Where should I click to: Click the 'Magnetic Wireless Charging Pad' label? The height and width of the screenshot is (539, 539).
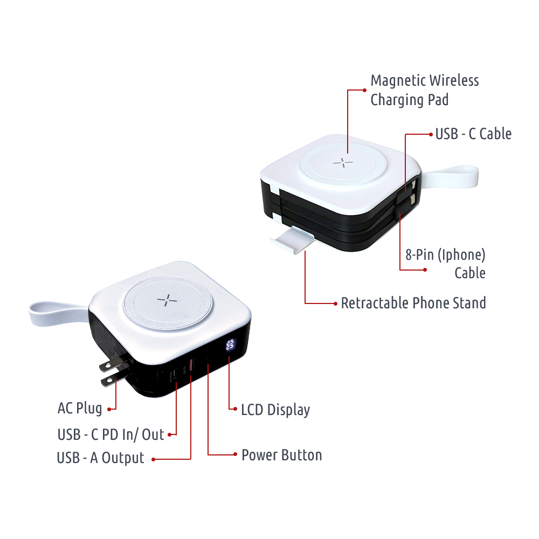(425, 90)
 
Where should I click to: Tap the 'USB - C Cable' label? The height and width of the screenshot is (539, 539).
(473, 134)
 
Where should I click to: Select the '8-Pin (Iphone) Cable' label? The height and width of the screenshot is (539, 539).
(446, 264)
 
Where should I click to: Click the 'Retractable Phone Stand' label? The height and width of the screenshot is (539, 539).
(413, 303)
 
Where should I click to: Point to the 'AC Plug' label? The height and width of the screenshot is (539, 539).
(80, 409)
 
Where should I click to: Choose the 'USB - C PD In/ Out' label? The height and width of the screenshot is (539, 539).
(110, 434)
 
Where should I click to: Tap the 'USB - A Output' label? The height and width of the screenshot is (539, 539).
(100, 458)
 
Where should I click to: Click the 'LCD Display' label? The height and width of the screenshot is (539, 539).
(275, 410)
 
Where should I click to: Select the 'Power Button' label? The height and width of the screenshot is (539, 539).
(281, 455)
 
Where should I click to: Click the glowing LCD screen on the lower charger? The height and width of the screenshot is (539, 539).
(230, 345)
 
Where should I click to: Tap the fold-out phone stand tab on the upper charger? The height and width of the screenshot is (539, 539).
(293, 240)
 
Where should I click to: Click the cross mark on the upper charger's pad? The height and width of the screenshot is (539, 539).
(343, 163)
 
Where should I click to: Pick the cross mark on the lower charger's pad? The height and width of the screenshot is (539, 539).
(167, 300)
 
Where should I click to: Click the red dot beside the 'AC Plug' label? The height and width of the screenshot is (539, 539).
(109, 409)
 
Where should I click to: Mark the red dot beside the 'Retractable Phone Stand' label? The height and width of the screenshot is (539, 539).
(335, 303)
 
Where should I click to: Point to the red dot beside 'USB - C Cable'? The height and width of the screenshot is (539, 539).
(431, 134)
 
